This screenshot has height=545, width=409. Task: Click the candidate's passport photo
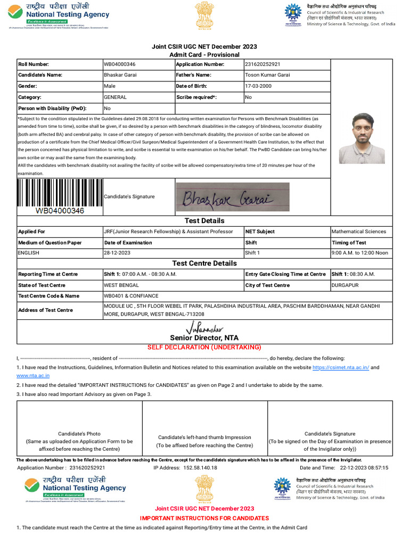(x=362, y=138)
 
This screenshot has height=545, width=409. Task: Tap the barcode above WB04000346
(x=59, y=193)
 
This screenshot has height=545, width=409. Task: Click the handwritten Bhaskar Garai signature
(x=232, y=197)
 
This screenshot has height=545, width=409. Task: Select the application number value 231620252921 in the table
(x=262, y=64)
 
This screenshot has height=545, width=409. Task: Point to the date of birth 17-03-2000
(x=258, y=86)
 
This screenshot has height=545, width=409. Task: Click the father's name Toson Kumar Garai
(x=267, y=75)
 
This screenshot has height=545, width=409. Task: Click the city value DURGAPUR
(x=345, y=285)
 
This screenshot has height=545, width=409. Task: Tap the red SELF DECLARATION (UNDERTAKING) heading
(x=204, y=347)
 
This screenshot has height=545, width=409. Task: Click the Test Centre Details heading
(x=204, y=263)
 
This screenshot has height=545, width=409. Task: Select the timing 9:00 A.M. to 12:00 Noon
(x=359, y=253)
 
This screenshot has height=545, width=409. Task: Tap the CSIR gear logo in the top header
(x=292, y=13)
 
